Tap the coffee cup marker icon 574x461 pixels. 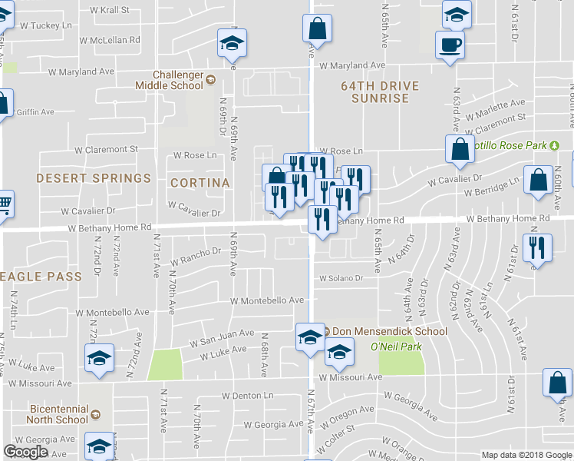pyautogui.click(x=449, y=44)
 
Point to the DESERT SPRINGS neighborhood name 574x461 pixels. pyautogui.click(x=82, y=178)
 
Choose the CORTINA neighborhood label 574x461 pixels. pyautogui.click(x=200, y=183)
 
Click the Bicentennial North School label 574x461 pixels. pyautogui.click(x=57, y=414)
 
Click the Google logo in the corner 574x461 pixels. pyautogui.click(x=26, y=452)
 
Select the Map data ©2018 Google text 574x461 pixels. pyautogui.click(x=527, y=455)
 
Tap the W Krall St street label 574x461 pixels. pyautogui.click(x=110, y=11)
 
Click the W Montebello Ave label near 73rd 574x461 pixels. pyautogui.click(x=112, y=313)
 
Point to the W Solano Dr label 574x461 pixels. pyautogui.click(x=341, y=278)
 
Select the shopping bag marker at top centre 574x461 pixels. pyautogui.click(x=316, y=31)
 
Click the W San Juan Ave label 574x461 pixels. pyautogui.click(x=222, y=334)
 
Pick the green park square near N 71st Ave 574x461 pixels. pyautogui.click(x=165, y=364)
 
